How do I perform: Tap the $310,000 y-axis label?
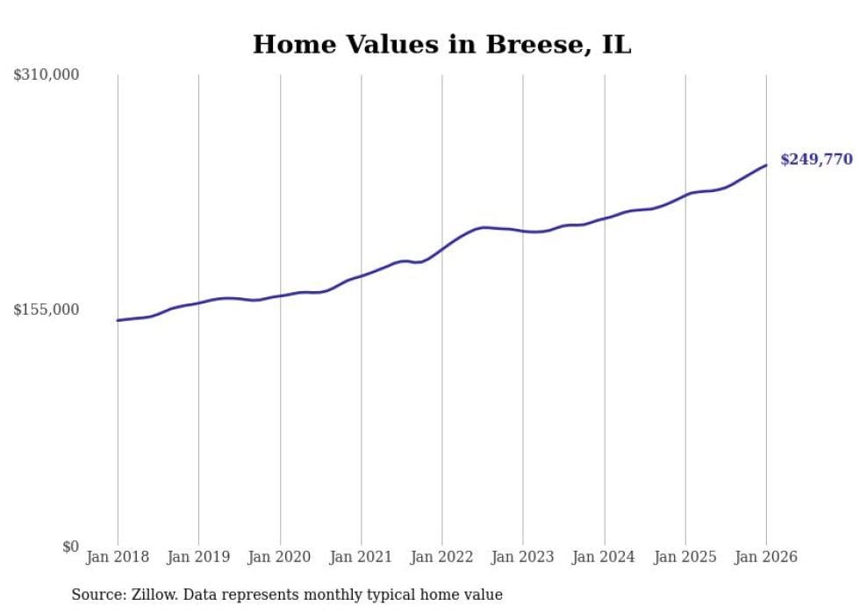[47, 75]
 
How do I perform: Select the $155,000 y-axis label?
[47, 310]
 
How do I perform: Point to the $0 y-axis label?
[70, 546]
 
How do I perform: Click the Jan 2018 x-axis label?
[118, 557]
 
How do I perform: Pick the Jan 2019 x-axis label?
[198, 557]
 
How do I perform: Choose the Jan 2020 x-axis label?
[280, 557]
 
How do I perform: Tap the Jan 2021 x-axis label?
[361, 557]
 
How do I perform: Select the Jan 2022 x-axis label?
[442, 557]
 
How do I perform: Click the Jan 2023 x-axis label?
[523, 557]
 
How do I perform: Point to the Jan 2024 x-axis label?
[604, 557]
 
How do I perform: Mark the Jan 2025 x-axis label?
[685, 557]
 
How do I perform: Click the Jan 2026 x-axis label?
[766, 557]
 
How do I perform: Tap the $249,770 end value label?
[816, 160]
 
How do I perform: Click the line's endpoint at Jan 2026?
[766, 165]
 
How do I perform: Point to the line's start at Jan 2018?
[118, 320]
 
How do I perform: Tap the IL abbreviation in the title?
[616, 45]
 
